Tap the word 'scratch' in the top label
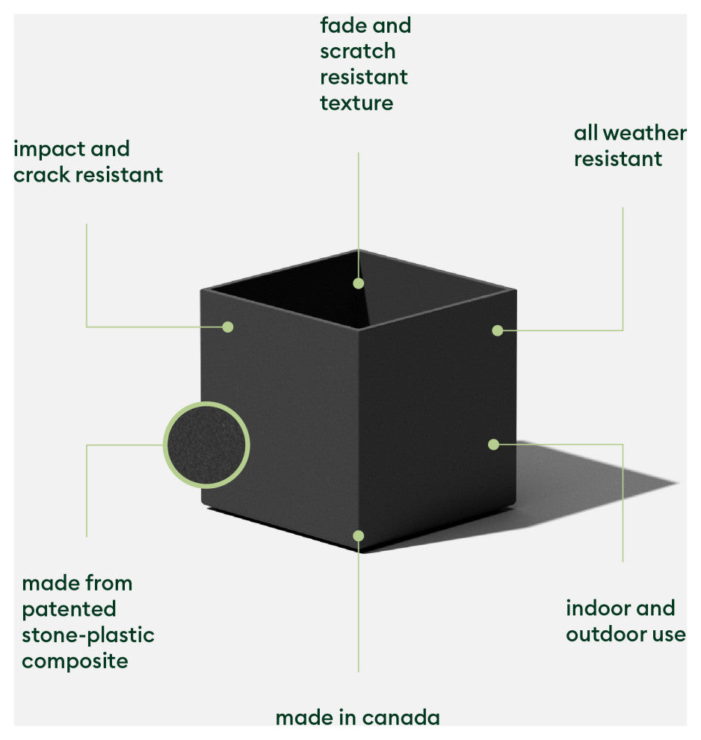357,52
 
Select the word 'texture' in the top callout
356,102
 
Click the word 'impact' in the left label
46,149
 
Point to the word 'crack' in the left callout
42,175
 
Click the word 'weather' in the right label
644,133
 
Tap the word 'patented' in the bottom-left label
69,609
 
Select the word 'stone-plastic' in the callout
88,635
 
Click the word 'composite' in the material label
75,662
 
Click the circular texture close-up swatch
206,445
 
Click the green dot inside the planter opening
359,283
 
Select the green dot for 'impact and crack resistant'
228,327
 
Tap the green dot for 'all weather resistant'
498,330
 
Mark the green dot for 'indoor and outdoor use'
493,444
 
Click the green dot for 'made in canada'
359,535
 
